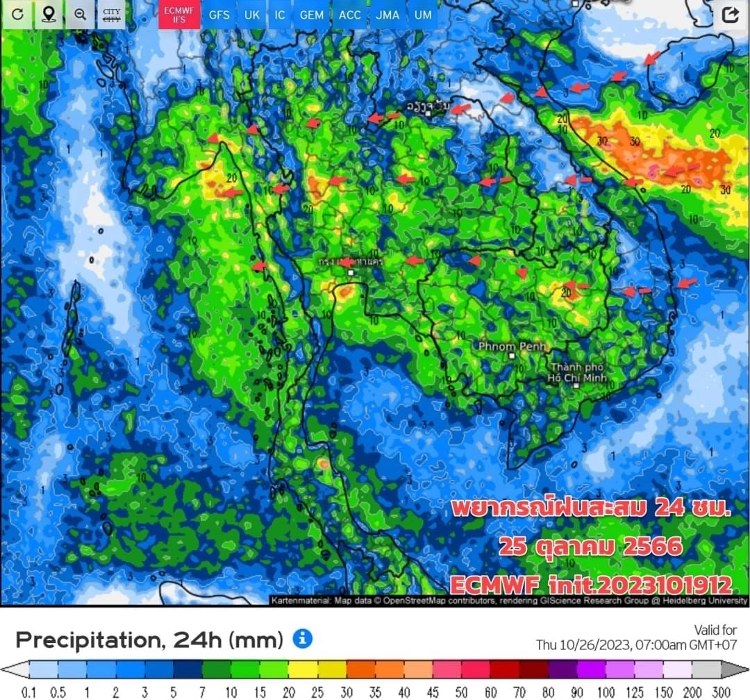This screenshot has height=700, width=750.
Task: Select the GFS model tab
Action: [x=219, y=15]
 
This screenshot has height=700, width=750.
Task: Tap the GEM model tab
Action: [x=312, y=15]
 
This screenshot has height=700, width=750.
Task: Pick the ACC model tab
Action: [x=349, y=15]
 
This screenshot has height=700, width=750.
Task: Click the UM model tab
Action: [x=422, y=15]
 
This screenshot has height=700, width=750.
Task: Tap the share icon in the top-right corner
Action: [x=730, y=15]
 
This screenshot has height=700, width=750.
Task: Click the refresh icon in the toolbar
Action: [x=18, y=15]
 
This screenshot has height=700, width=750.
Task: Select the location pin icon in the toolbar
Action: [x=49, y=15]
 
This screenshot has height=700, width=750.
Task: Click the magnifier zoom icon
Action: [x=80, y=15]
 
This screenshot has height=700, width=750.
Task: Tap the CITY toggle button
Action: [x=111, y=15]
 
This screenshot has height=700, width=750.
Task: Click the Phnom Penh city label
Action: [x=512, y=346]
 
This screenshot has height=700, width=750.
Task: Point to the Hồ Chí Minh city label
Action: [x=578, y=373]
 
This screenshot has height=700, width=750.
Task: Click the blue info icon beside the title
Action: [x=302, y=638]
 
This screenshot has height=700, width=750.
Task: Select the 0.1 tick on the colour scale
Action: [x=29, y=692]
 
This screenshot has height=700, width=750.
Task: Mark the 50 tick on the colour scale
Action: [x=462, y=692]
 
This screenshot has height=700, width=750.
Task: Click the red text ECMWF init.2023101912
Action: [x=590, y=583]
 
